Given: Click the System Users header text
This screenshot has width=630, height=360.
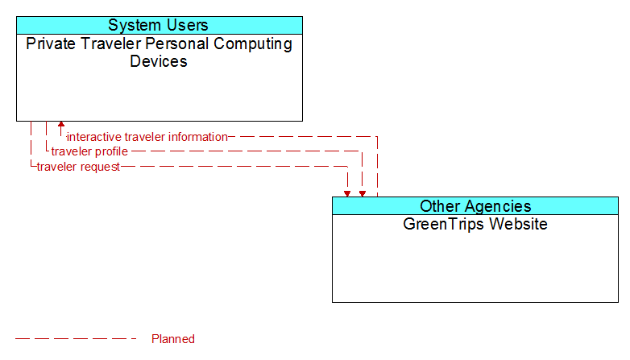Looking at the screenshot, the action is click(x=158, y=25).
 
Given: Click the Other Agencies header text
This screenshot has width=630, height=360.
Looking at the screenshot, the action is click(x=475, y=206).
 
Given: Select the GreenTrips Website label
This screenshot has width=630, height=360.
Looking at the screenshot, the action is click(x=475, y=224).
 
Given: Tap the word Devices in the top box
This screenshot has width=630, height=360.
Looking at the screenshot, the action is click(x=159, y=61).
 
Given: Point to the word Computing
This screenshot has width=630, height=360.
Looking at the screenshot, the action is click(x=253, y=44).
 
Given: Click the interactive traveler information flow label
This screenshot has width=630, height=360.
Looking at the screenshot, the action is click(x=147, y=137).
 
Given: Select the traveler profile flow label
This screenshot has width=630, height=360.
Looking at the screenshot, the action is click(x=89, y=151).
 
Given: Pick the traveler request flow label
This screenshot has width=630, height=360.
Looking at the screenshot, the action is click(x=78, y=167).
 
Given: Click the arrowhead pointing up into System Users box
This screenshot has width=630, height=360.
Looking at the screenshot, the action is click(x=61, y=125).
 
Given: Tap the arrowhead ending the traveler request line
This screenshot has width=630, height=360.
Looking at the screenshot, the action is click(x=347, y=193).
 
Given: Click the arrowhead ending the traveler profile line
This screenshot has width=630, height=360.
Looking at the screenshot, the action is click(x=363, y=193).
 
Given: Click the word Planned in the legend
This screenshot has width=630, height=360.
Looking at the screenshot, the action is click(x=173, y=339).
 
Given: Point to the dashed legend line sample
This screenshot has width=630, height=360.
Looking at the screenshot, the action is click(x=76, y=339).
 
